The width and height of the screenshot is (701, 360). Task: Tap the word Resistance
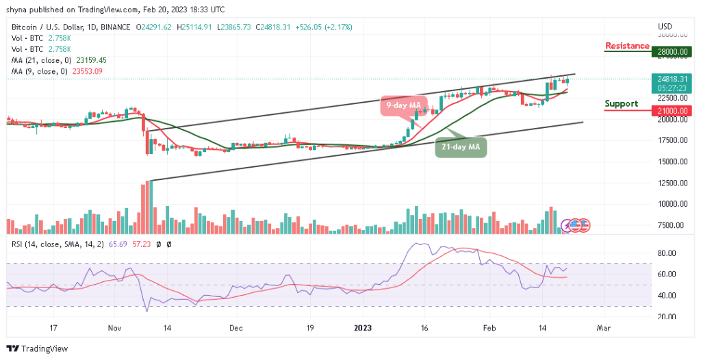click(x=627, y=46)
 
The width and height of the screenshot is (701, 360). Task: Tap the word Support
click(x=621, y=104)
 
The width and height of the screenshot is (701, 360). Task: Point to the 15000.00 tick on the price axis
click(x=670, y=162)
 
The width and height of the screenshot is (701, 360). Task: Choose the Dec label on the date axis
click(x=236, y=329)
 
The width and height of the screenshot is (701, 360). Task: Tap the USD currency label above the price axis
click(x=665, y=26)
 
